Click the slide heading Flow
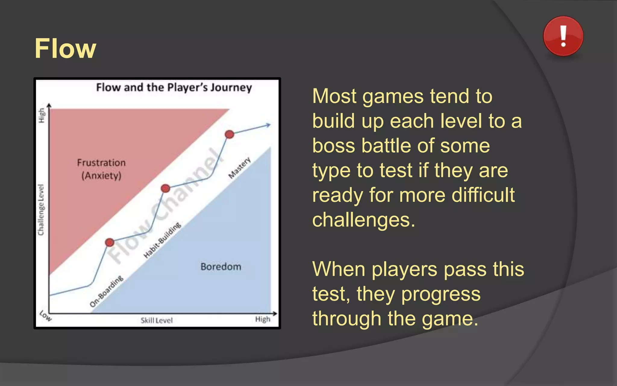click(x=65, y=49)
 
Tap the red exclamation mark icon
click(x=563, y=36)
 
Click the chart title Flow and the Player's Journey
click(x=174, y=87)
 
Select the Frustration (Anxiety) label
click(x=101, y=169)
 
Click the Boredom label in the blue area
click(x=221, y=267)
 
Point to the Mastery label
click(x=240, y=168)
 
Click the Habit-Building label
click(x=162, y=240)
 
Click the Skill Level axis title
click(x=157, y=320)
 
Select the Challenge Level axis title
click(x=41, y=210)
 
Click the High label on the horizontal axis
click(x=263, y=319)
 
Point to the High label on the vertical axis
click(x=42, y=115)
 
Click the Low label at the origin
click(x=45, y=316)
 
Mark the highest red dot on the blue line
click(x=230, y=134)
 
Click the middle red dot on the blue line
click(x=165, y=188)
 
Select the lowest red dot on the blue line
click(x=110, y=242)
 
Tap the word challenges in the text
click(x=364, y=220)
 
